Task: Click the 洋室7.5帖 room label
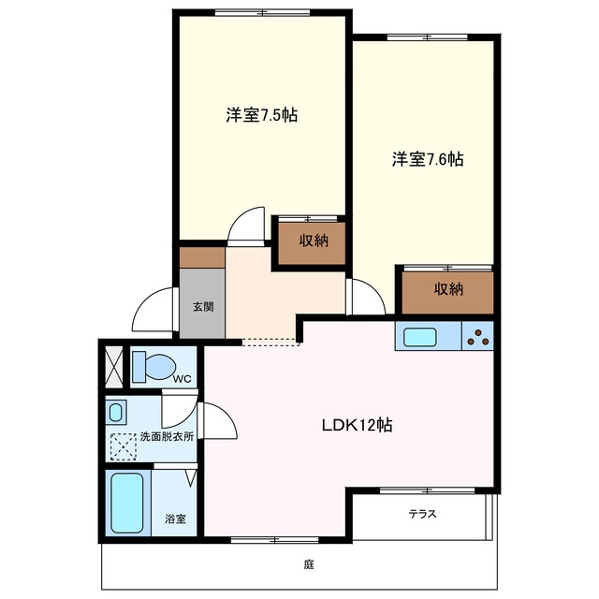pos(262,114)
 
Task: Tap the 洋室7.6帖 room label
pos(428,159)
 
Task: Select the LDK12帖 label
pos(358,425)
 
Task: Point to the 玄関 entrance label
pos(203,306)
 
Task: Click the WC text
pos(182,379)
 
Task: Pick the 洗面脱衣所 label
pos(167,437)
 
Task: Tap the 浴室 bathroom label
pos(175,519)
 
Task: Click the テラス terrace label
pos(422,514)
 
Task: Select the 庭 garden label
pos(309,564)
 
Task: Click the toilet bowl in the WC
pos(153,367)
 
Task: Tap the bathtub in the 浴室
pos(127,503)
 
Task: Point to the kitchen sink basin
pos(420,337)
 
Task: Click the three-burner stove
pos(478,336)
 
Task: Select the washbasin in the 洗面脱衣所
pos(116,412)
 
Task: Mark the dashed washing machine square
pos(123,446)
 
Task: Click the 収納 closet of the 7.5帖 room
pos(312,243)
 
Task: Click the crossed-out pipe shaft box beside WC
pos(114,367)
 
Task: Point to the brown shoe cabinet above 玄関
pos(202,258)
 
